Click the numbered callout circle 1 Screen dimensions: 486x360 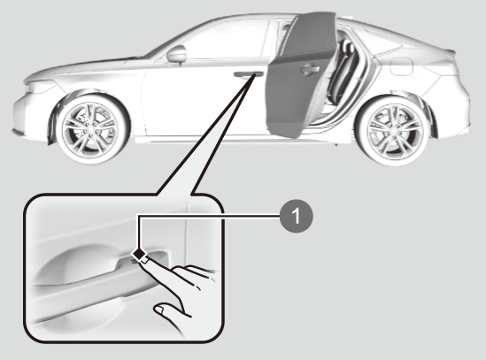tap(297, 216)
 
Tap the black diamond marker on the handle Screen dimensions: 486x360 tap(139, 254)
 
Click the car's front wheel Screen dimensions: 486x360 tap(92, 128)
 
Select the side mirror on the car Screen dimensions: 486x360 tap(177, 54)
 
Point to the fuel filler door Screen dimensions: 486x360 tap(401, 66)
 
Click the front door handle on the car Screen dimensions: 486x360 tap(248, 74)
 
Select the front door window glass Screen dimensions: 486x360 tap(223, 41)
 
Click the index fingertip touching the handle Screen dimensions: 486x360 tap(145, 261)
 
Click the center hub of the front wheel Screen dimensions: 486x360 tap(90, 128)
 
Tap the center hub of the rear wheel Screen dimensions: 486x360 tap(393, 130)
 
